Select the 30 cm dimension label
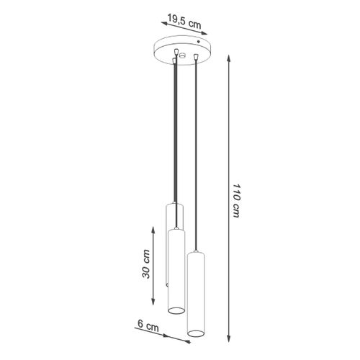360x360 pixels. coord(147,264)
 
